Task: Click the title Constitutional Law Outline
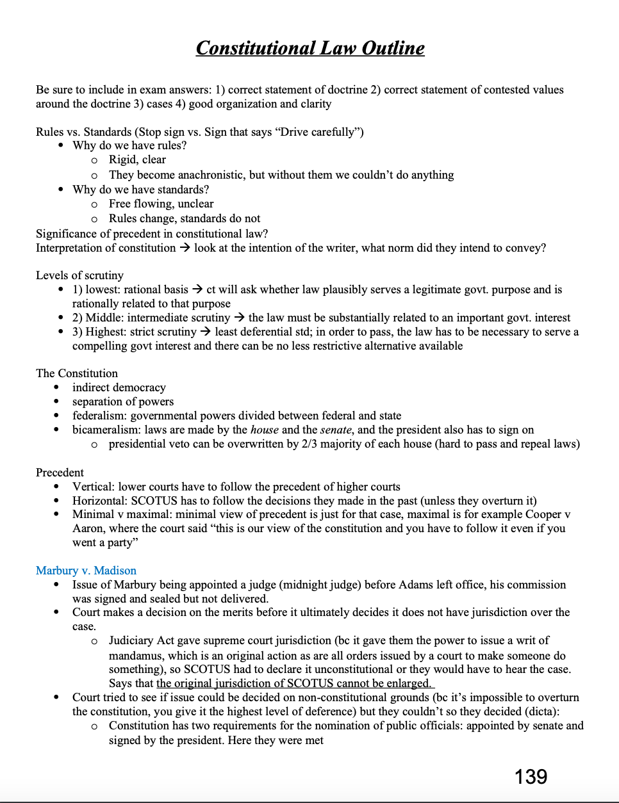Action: [310, 48]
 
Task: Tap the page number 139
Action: [531, 777]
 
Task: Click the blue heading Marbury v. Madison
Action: [86, 571]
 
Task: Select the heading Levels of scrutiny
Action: [79, 275]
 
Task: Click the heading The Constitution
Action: [77, 373]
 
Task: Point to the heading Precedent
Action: [60, 473]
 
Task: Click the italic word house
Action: [264, 430]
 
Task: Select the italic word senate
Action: [336, 430]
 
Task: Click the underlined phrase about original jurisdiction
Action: [295, 683]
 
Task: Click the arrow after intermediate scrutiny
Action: [239, 318]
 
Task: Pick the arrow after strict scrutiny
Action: [206, 332]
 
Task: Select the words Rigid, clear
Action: [137, 159]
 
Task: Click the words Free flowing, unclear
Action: [161, 204]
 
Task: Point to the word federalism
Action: [98, 416]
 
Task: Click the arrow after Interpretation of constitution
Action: [185, 248]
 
